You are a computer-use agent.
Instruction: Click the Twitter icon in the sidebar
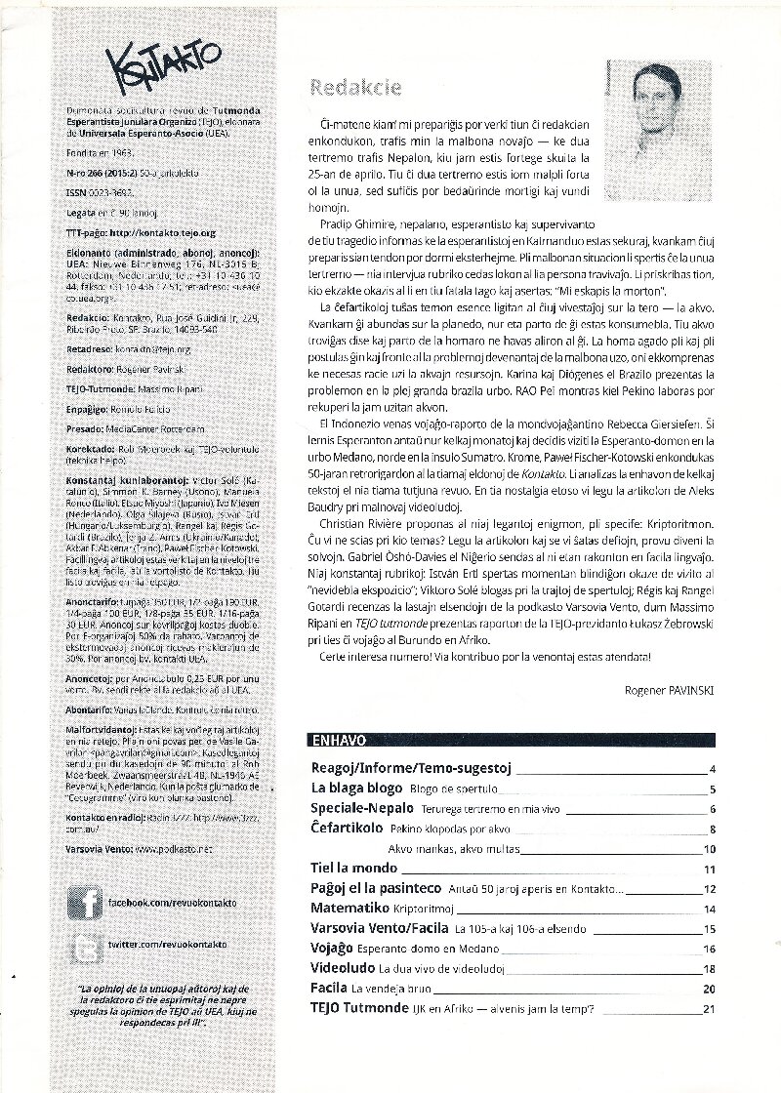coord(85,947)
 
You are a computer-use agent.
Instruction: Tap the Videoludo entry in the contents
coord(346,968)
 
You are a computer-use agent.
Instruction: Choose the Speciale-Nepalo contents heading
coord(361,809)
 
